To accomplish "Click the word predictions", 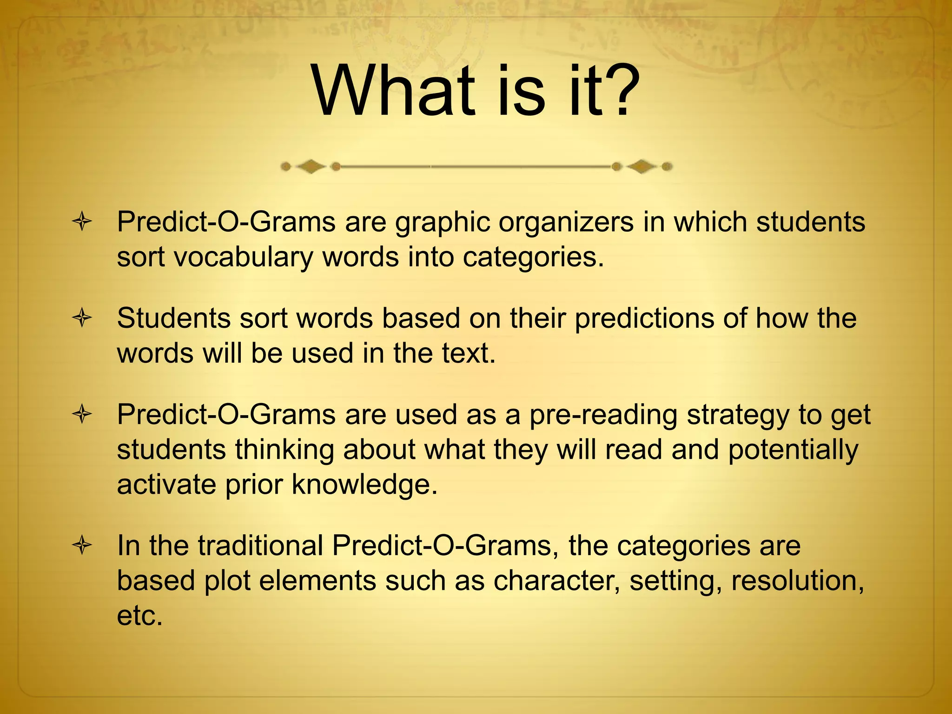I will coord(644,319).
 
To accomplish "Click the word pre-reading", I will coord(603,416).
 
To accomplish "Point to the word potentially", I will coord(793,450).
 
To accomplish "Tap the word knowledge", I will coord(364,485).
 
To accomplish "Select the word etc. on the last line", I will coord(139,616).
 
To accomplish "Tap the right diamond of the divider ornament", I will coord(642,166).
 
